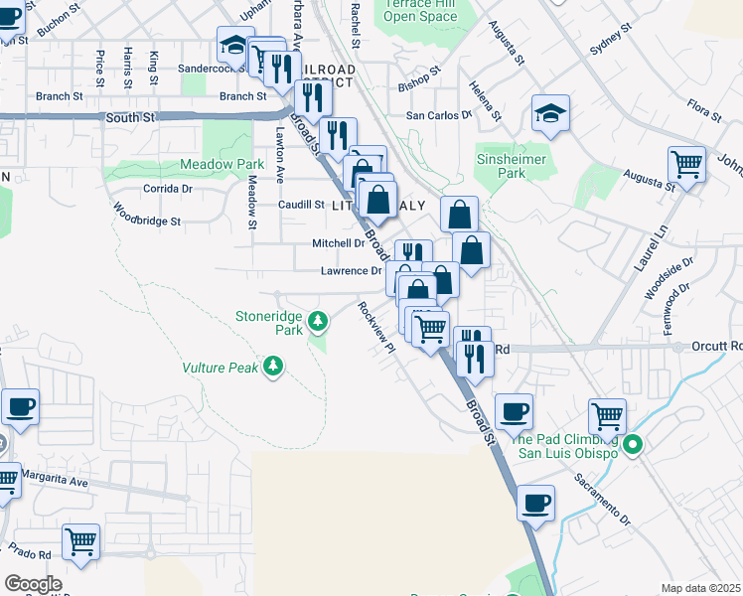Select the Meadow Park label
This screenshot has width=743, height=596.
222,164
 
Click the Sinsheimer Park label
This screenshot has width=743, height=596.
513,165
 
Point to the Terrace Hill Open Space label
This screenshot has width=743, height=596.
419,11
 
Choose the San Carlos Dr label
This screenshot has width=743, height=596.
439,115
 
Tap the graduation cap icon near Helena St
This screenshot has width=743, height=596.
549,114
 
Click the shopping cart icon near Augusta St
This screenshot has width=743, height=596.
686,164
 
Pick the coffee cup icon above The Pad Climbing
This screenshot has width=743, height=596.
514,410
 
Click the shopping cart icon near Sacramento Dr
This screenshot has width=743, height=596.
607,416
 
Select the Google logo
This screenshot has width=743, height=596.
33,583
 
